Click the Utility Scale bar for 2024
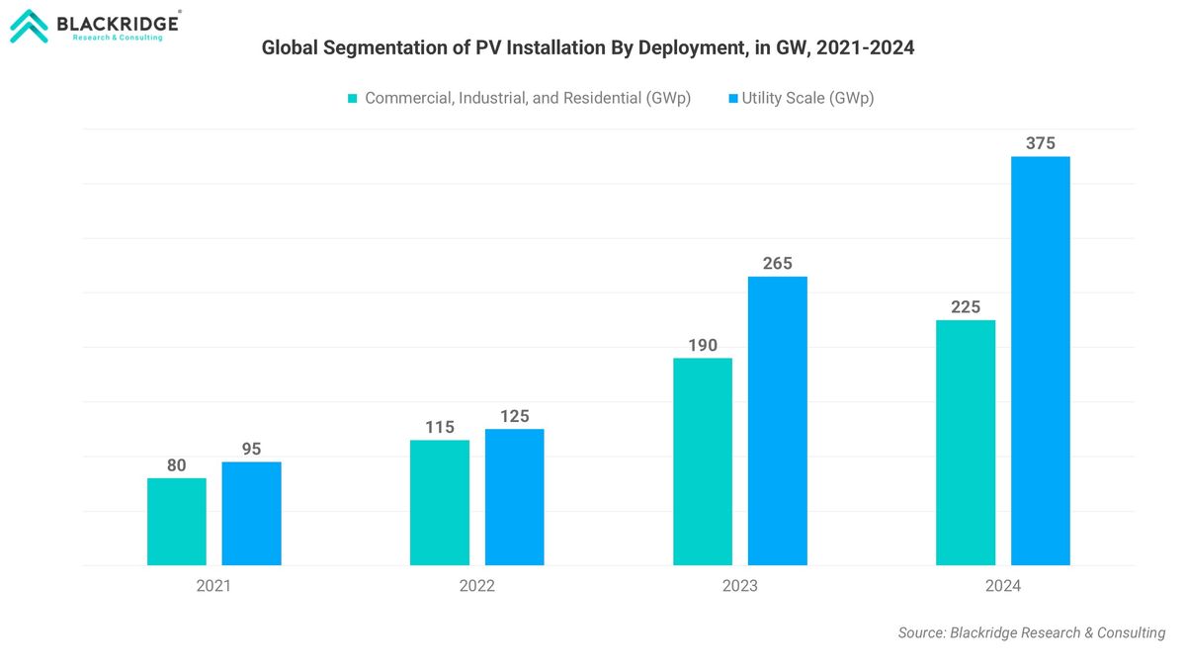(1040, 361)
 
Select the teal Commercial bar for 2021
(177, 522)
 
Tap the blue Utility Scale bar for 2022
(514, 497)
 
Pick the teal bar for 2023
(703, 461)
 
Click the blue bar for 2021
(251, 514)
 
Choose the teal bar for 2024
(966, 443)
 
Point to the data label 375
(1040, 143)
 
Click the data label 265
(777, 264)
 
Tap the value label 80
(176, 465)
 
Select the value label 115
(440, 427)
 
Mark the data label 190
(703, 345)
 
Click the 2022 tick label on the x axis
(476, 586)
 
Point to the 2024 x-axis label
(1002, 586)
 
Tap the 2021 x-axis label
(213, 586)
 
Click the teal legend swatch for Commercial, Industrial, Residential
(352, 99)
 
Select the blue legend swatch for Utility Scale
(732, 99)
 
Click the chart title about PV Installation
(587, 47)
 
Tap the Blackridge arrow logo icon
(28, 27)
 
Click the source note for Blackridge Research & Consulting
(1031, 632)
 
